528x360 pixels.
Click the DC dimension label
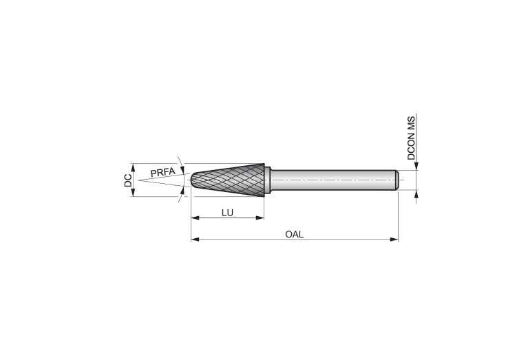[128, 180]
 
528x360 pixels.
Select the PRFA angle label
[162, 172]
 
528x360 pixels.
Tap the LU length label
[227, 213]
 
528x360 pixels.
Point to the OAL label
[295, 234]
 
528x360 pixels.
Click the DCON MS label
[411, 138]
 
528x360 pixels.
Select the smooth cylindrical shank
[333, 180]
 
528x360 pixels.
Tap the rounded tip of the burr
[194, 180]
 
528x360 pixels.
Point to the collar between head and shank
[268, 180]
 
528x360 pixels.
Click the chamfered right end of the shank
[397, 180]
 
